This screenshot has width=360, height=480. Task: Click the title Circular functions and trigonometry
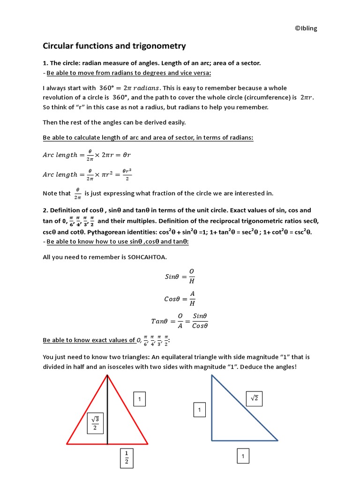tap(114, 46)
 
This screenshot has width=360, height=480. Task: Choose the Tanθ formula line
tap(180, 322)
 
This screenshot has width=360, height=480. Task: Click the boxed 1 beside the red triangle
tap(140, 399)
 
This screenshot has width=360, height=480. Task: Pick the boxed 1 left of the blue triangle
tap(199, 410)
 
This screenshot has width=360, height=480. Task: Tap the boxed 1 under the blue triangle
tap(243, 456)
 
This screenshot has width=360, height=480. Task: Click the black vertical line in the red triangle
tap(108, 412)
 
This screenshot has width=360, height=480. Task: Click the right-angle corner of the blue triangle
tap(212, 440)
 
